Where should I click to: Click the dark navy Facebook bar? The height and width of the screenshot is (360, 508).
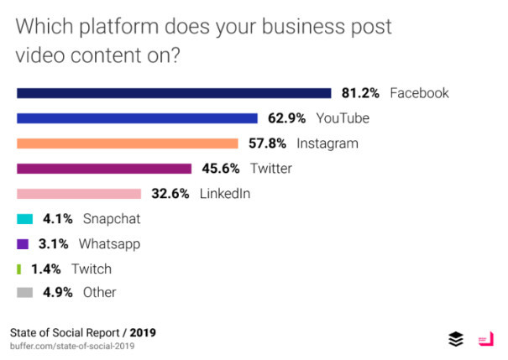click(174, 93)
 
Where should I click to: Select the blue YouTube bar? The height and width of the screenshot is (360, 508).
click(137, 118)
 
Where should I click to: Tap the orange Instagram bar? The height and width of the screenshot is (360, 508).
click(127, 143)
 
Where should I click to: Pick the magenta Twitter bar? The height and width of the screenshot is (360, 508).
click(104, 169)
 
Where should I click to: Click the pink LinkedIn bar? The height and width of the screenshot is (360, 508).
click(79, 194)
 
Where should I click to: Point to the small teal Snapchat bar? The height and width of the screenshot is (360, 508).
click(25, 219)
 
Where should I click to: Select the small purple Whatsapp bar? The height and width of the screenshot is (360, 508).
click(24, 244)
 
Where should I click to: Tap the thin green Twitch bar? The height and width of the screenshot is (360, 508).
click(18, 269)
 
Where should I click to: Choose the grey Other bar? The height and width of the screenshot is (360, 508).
click(25, 293)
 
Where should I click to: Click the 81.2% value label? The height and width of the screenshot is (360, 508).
click(361, 93)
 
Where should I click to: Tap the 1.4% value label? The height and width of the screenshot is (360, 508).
click(46, 269)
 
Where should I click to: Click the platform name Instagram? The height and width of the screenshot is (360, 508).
click(327, 143)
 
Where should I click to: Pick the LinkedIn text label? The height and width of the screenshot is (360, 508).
click(225, 194)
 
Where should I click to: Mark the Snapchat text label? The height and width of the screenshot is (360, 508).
click(112, 219)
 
